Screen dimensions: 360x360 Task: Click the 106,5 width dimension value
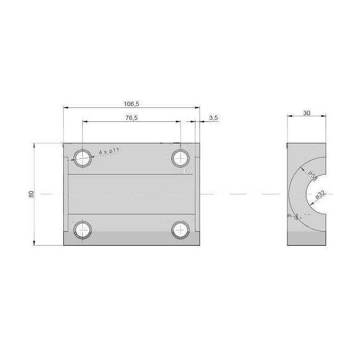pos(132,103)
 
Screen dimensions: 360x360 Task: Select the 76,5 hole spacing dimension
pos(132,118)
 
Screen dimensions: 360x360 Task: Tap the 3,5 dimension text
pos(213,118)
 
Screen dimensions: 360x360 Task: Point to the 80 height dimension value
pos(31,194)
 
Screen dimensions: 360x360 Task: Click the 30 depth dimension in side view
pos(307,113)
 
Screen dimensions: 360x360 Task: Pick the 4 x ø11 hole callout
pos(109,151)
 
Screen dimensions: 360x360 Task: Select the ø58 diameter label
pos(313,176)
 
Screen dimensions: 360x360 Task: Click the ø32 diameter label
pos(319,194)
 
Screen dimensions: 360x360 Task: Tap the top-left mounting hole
pos(82,157)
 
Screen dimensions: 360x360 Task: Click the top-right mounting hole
pos(180,157)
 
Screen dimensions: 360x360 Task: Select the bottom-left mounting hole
pos(82,229)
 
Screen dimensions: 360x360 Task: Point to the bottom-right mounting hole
pos(180,229)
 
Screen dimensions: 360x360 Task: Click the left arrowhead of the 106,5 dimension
pos(65,107)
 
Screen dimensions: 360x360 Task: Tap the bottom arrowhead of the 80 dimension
pos(34,243)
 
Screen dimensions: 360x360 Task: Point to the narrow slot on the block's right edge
pos(196,194)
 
